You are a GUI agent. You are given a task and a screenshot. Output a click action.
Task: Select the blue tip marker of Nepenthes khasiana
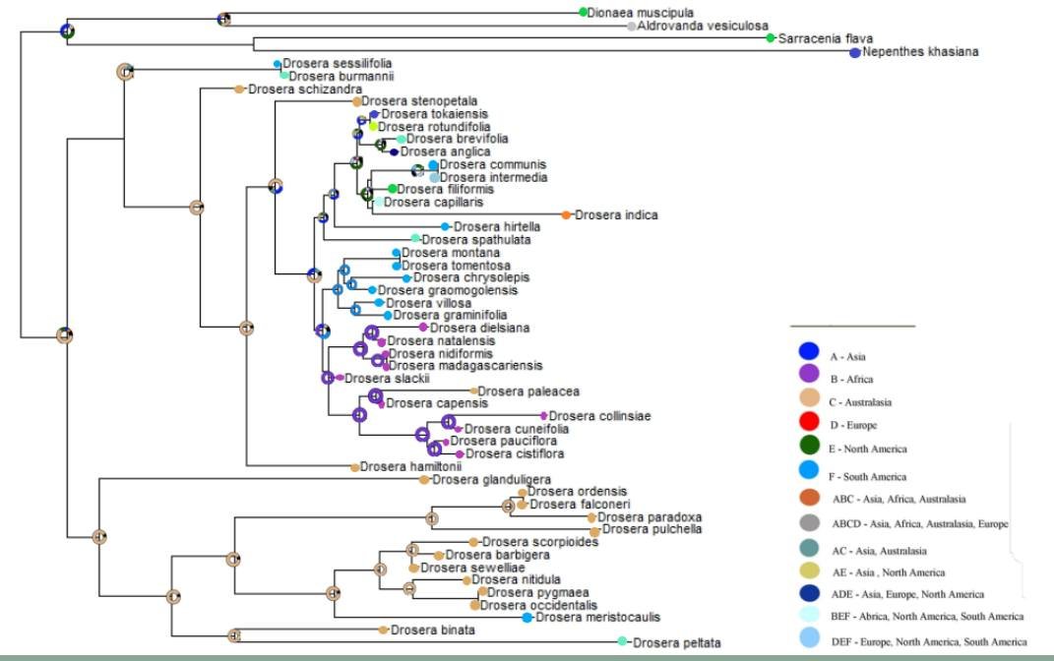tap(854, 52)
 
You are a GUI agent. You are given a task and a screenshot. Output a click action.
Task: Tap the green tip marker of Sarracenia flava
tap(771, 38)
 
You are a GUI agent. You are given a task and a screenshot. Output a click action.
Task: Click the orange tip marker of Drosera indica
tap(566, 214)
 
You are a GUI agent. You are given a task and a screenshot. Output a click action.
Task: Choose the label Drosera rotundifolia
tap(433, 126)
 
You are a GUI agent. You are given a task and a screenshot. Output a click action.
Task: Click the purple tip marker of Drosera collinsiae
tap(544, 416)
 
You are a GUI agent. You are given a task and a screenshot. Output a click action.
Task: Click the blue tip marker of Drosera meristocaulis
tap(527, 618)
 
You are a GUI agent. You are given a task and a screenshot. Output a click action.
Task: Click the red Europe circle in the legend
tap(810, 423)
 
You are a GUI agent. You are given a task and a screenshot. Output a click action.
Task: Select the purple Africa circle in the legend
tap(810, 375)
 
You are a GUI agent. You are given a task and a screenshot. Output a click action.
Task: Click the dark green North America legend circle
tap(810, 447)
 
